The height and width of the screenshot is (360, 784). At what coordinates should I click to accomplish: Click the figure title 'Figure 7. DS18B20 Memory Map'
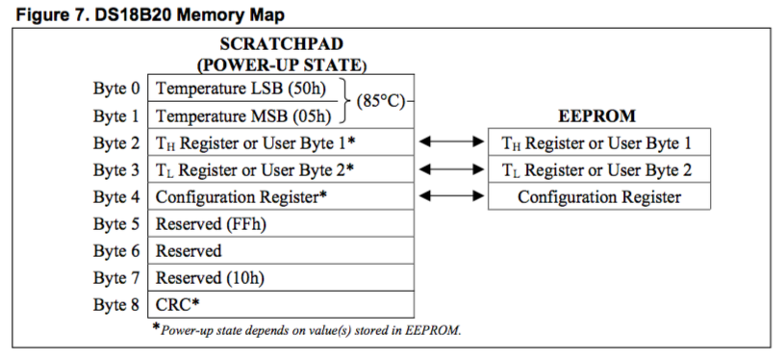click(150, 14)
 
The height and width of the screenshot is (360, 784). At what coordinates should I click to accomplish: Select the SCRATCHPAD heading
click(282, 44)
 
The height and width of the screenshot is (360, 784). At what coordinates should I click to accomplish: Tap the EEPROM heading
click(596, 116)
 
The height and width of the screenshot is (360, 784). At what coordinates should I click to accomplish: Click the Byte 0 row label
click(117, 89)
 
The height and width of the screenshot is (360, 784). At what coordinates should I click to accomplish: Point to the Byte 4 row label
click(117, 196)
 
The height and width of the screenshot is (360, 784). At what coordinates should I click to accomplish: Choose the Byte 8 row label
click(117, 304)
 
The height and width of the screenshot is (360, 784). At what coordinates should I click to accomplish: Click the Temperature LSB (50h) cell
click(241, 89)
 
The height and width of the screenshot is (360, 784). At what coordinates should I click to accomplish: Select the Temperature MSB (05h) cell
click(243, 116)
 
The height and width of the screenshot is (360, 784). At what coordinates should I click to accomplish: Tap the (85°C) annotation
click(380, 102)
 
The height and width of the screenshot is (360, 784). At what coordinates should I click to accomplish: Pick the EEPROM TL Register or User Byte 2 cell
click(597, 170)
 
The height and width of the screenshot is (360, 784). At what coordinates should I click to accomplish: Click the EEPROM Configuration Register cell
click(599, 196)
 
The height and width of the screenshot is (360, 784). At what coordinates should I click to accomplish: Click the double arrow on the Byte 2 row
click(451, 142)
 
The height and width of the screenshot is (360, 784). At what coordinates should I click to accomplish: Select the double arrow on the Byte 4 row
click(451, 196)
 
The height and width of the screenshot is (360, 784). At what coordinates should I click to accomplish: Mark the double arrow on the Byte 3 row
click(451, 169)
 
